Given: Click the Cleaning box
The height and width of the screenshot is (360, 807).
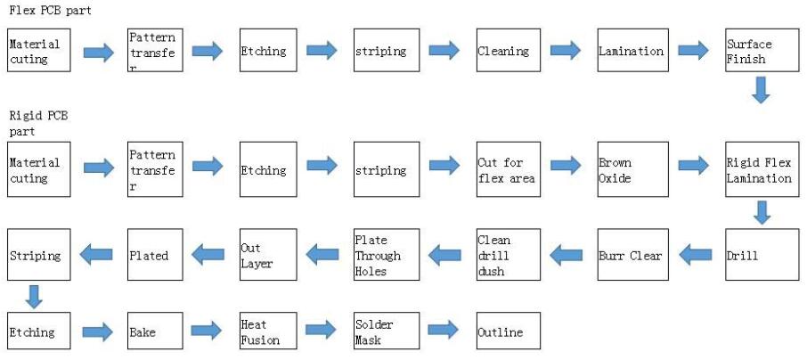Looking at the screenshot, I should (x=509, y=51).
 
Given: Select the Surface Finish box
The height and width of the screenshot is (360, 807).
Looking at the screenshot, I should (x=759, y=51).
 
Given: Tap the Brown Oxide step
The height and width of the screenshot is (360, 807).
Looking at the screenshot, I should (x=632, y=169).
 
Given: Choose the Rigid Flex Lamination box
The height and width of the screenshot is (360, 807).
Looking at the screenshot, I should (x=759, y=169).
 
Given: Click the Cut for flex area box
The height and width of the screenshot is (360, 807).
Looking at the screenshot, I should (x=509, y=169).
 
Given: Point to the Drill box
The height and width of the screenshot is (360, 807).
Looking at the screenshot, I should (x=759, y=256).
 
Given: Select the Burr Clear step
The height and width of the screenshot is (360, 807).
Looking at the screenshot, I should (x=632, y=256).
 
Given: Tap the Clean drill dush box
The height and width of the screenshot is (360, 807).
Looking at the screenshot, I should (x=509, y=256).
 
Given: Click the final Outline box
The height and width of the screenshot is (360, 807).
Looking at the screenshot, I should (x=509, y=331).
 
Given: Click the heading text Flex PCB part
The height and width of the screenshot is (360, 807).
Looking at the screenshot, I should (x=50, y=10).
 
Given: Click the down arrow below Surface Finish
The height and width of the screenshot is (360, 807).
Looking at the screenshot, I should (x=760, y=90).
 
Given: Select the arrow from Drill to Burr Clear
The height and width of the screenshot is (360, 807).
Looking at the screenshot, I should (x=695, y=256).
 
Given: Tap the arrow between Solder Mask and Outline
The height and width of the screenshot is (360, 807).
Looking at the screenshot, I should (x=443, y=331).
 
